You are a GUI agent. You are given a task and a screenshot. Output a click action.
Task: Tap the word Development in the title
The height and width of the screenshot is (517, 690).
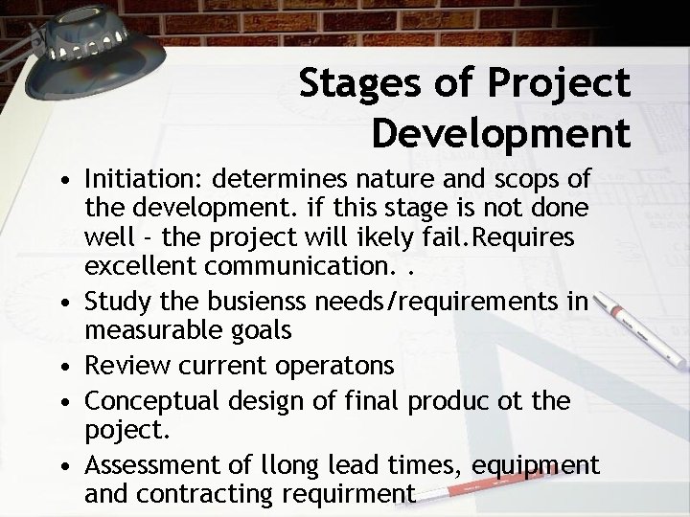point(501,131)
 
